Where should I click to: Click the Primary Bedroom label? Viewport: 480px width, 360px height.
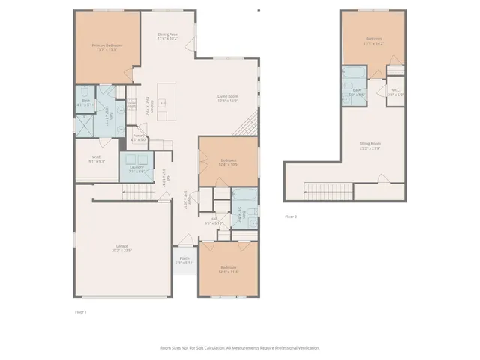click(106, 47)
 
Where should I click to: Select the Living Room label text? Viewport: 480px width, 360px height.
click(227, 97)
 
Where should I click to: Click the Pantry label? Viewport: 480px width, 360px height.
click(139, 137)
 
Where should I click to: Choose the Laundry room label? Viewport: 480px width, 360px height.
click(136, 169)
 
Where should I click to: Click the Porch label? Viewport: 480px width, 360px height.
click(184, 260)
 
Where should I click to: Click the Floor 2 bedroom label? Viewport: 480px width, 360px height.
click(373, 40)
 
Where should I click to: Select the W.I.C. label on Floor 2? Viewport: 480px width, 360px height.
click(395, 92)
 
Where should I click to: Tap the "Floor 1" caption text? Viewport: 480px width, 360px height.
click(81, 311)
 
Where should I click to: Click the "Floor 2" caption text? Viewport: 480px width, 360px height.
click(291, 217)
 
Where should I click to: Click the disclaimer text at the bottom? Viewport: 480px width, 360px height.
click(240, 348)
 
